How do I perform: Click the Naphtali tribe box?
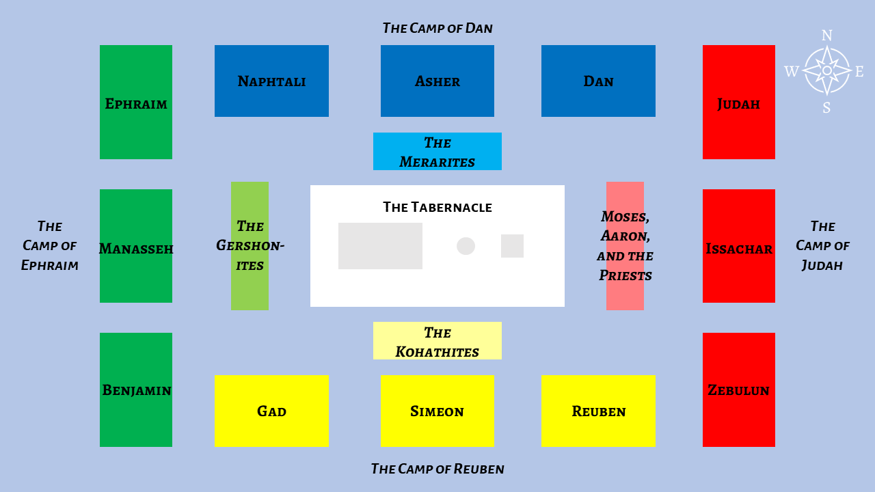click(x=271, y=81)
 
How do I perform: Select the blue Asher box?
click(x=437, y=81)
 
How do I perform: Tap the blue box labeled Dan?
click(x=598, y=81)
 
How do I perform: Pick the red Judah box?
click(x=739, y=102)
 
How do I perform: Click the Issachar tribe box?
click(x=739, y=246)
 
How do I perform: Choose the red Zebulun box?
click(x=739, y=389)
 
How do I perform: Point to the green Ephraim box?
click(x=136, y=102)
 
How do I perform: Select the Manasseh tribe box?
click(x=136, y=246)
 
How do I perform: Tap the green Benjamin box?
click(x=136, y=389)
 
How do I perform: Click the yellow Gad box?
click(x=271, y=411)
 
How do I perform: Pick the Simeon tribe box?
click(x=437, y=411)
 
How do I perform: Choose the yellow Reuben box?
click(x=598, y=411)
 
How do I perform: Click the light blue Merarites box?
click(x=437, y=152)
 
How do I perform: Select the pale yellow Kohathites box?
click(x=437, y=341)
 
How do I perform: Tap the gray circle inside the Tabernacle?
click(x=466, y=246)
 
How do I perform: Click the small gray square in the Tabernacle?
click(x=512, y=246)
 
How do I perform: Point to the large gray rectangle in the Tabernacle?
click(x=380, y=246)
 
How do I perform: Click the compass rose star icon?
click(x=826, y=70)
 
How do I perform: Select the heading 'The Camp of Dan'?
click(x=437, y=28)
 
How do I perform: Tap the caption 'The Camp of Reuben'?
click(x=437, y=469)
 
